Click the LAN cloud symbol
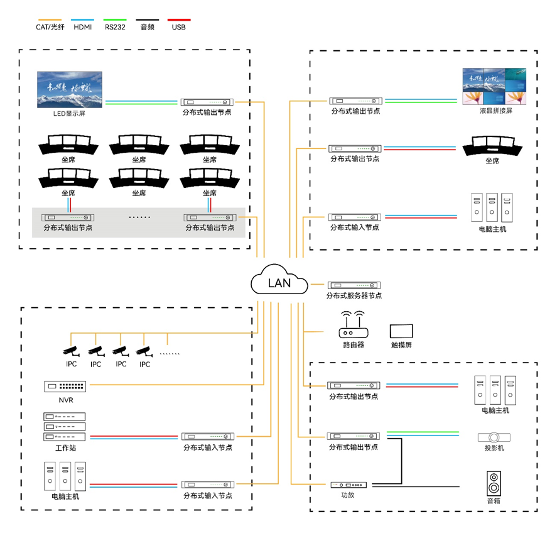coord(279,282)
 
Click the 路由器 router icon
coord(353,325)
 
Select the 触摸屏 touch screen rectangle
coord(401,331)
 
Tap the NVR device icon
coord(64,386)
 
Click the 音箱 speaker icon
coord(494,484)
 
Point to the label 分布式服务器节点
coord(354,295)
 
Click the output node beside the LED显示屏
coord(207,102)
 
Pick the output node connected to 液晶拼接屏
coord(356,101)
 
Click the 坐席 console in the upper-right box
coord(492,148)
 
